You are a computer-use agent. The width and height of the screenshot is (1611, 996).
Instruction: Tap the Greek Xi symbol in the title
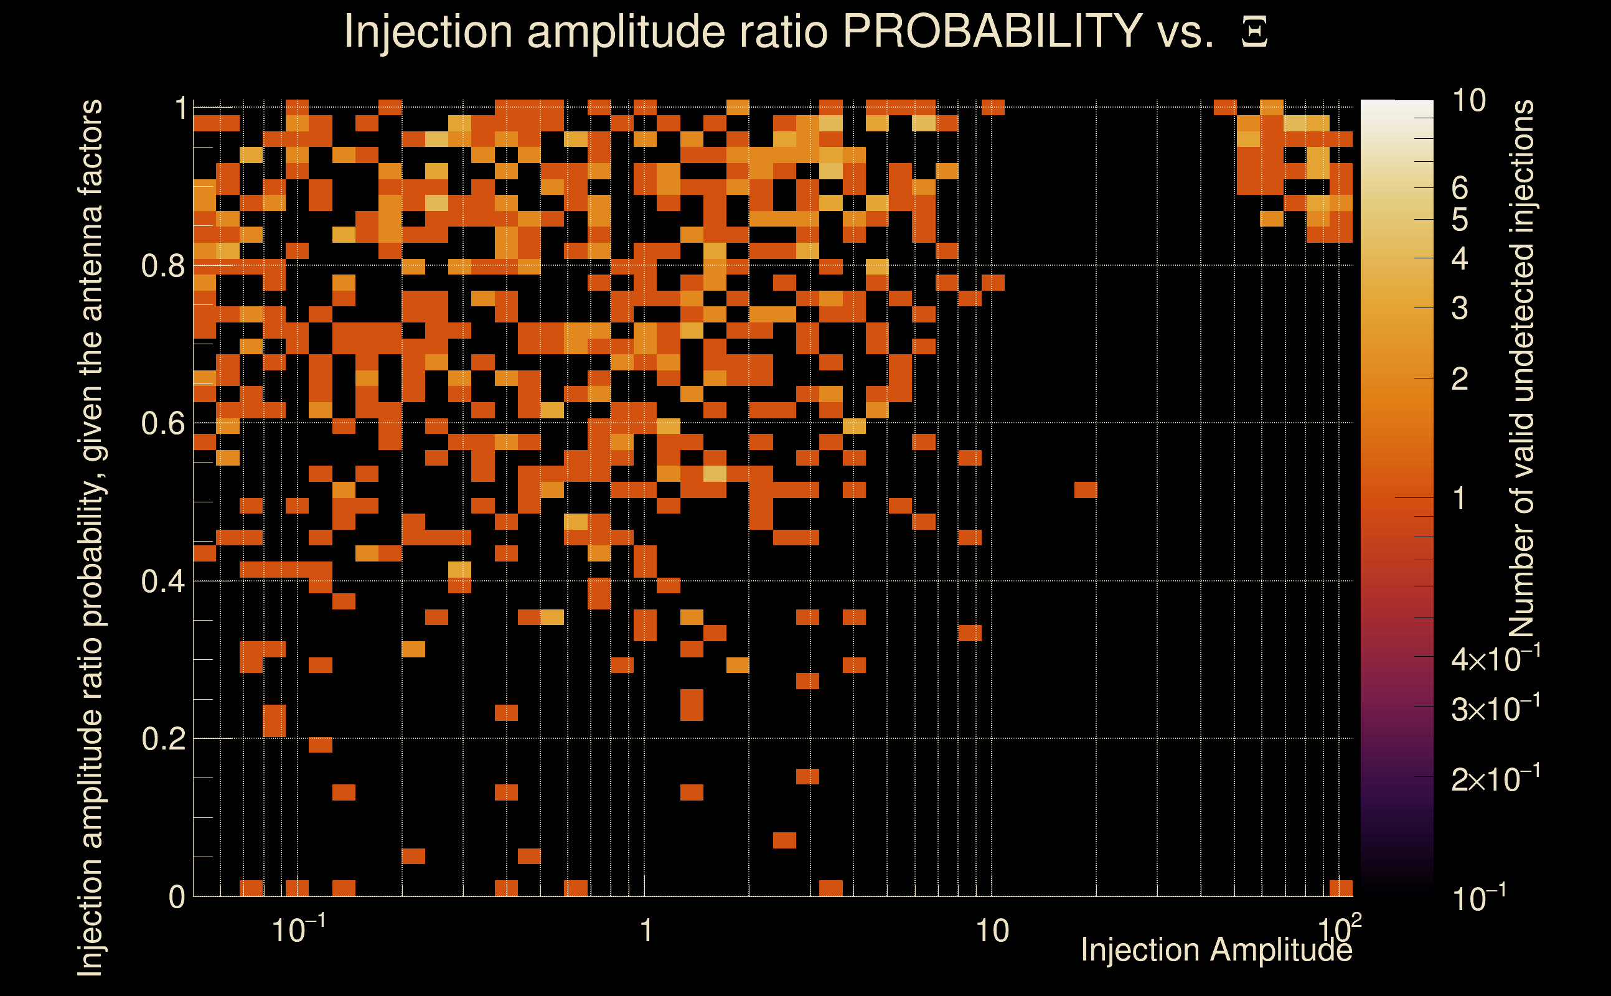coord(1254,32)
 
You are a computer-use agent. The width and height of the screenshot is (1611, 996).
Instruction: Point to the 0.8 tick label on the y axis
coord(163,266)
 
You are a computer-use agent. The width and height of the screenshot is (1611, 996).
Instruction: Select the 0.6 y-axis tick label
coord(163,423)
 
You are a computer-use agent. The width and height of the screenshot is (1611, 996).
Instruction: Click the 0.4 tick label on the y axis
coord(163,581)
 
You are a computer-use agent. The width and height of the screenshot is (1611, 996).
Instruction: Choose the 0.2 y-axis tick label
coord(163,739)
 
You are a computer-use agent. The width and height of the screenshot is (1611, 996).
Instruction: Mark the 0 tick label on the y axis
coord(177,897)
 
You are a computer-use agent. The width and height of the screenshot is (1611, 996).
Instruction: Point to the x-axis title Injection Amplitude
coord(1216,951)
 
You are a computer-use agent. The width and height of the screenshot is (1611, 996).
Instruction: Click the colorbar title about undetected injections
coord(1522,369)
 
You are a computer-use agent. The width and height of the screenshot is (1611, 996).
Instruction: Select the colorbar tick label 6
coord(1460,189)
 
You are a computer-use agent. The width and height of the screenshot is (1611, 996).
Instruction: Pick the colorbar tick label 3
coord(1460,308)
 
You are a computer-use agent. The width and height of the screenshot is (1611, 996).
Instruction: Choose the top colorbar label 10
coord(1468,101)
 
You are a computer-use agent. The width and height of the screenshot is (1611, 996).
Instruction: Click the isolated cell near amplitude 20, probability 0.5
coord(1086,489)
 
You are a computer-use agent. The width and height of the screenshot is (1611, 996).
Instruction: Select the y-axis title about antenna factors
coord(90,537)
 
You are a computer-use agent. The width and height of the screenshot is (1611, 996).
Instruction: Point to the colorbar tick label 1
coord(1460,499)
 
